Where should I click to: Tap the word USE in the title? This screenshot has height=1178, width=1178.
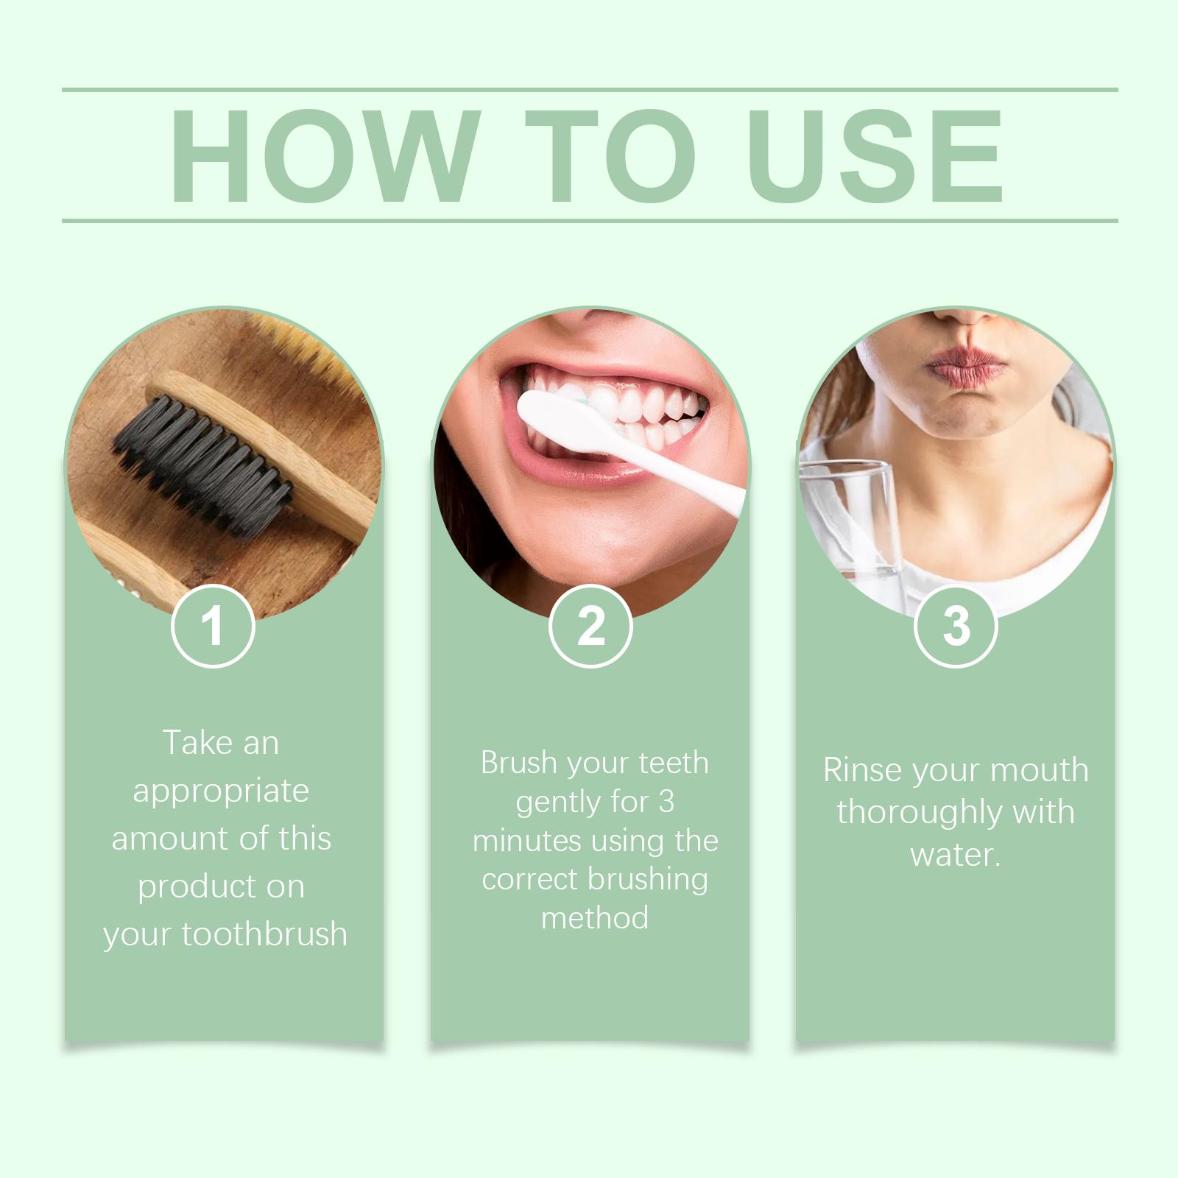click(878, 156)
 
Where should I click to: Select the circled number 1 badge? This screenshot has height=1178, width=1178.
click(213, 626)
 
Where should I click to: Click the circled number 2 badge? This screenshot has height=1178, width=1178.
click(590, 626)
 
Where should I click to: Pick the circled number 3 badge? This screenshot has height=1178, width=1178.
click(956, 626)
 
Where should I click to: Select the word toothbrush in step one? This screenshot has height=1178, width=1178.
click(264, 934)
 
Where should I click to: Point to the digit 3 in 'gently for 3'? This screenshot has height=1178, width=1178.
click(666, 802)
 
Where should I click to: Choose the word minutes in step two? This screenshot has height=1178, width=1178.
click(527, 840)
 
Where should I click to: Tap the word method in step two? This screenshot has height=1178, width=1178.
click(595, 917)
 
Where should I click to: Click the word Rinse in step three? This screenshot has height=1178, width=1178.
click(861, 771)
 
